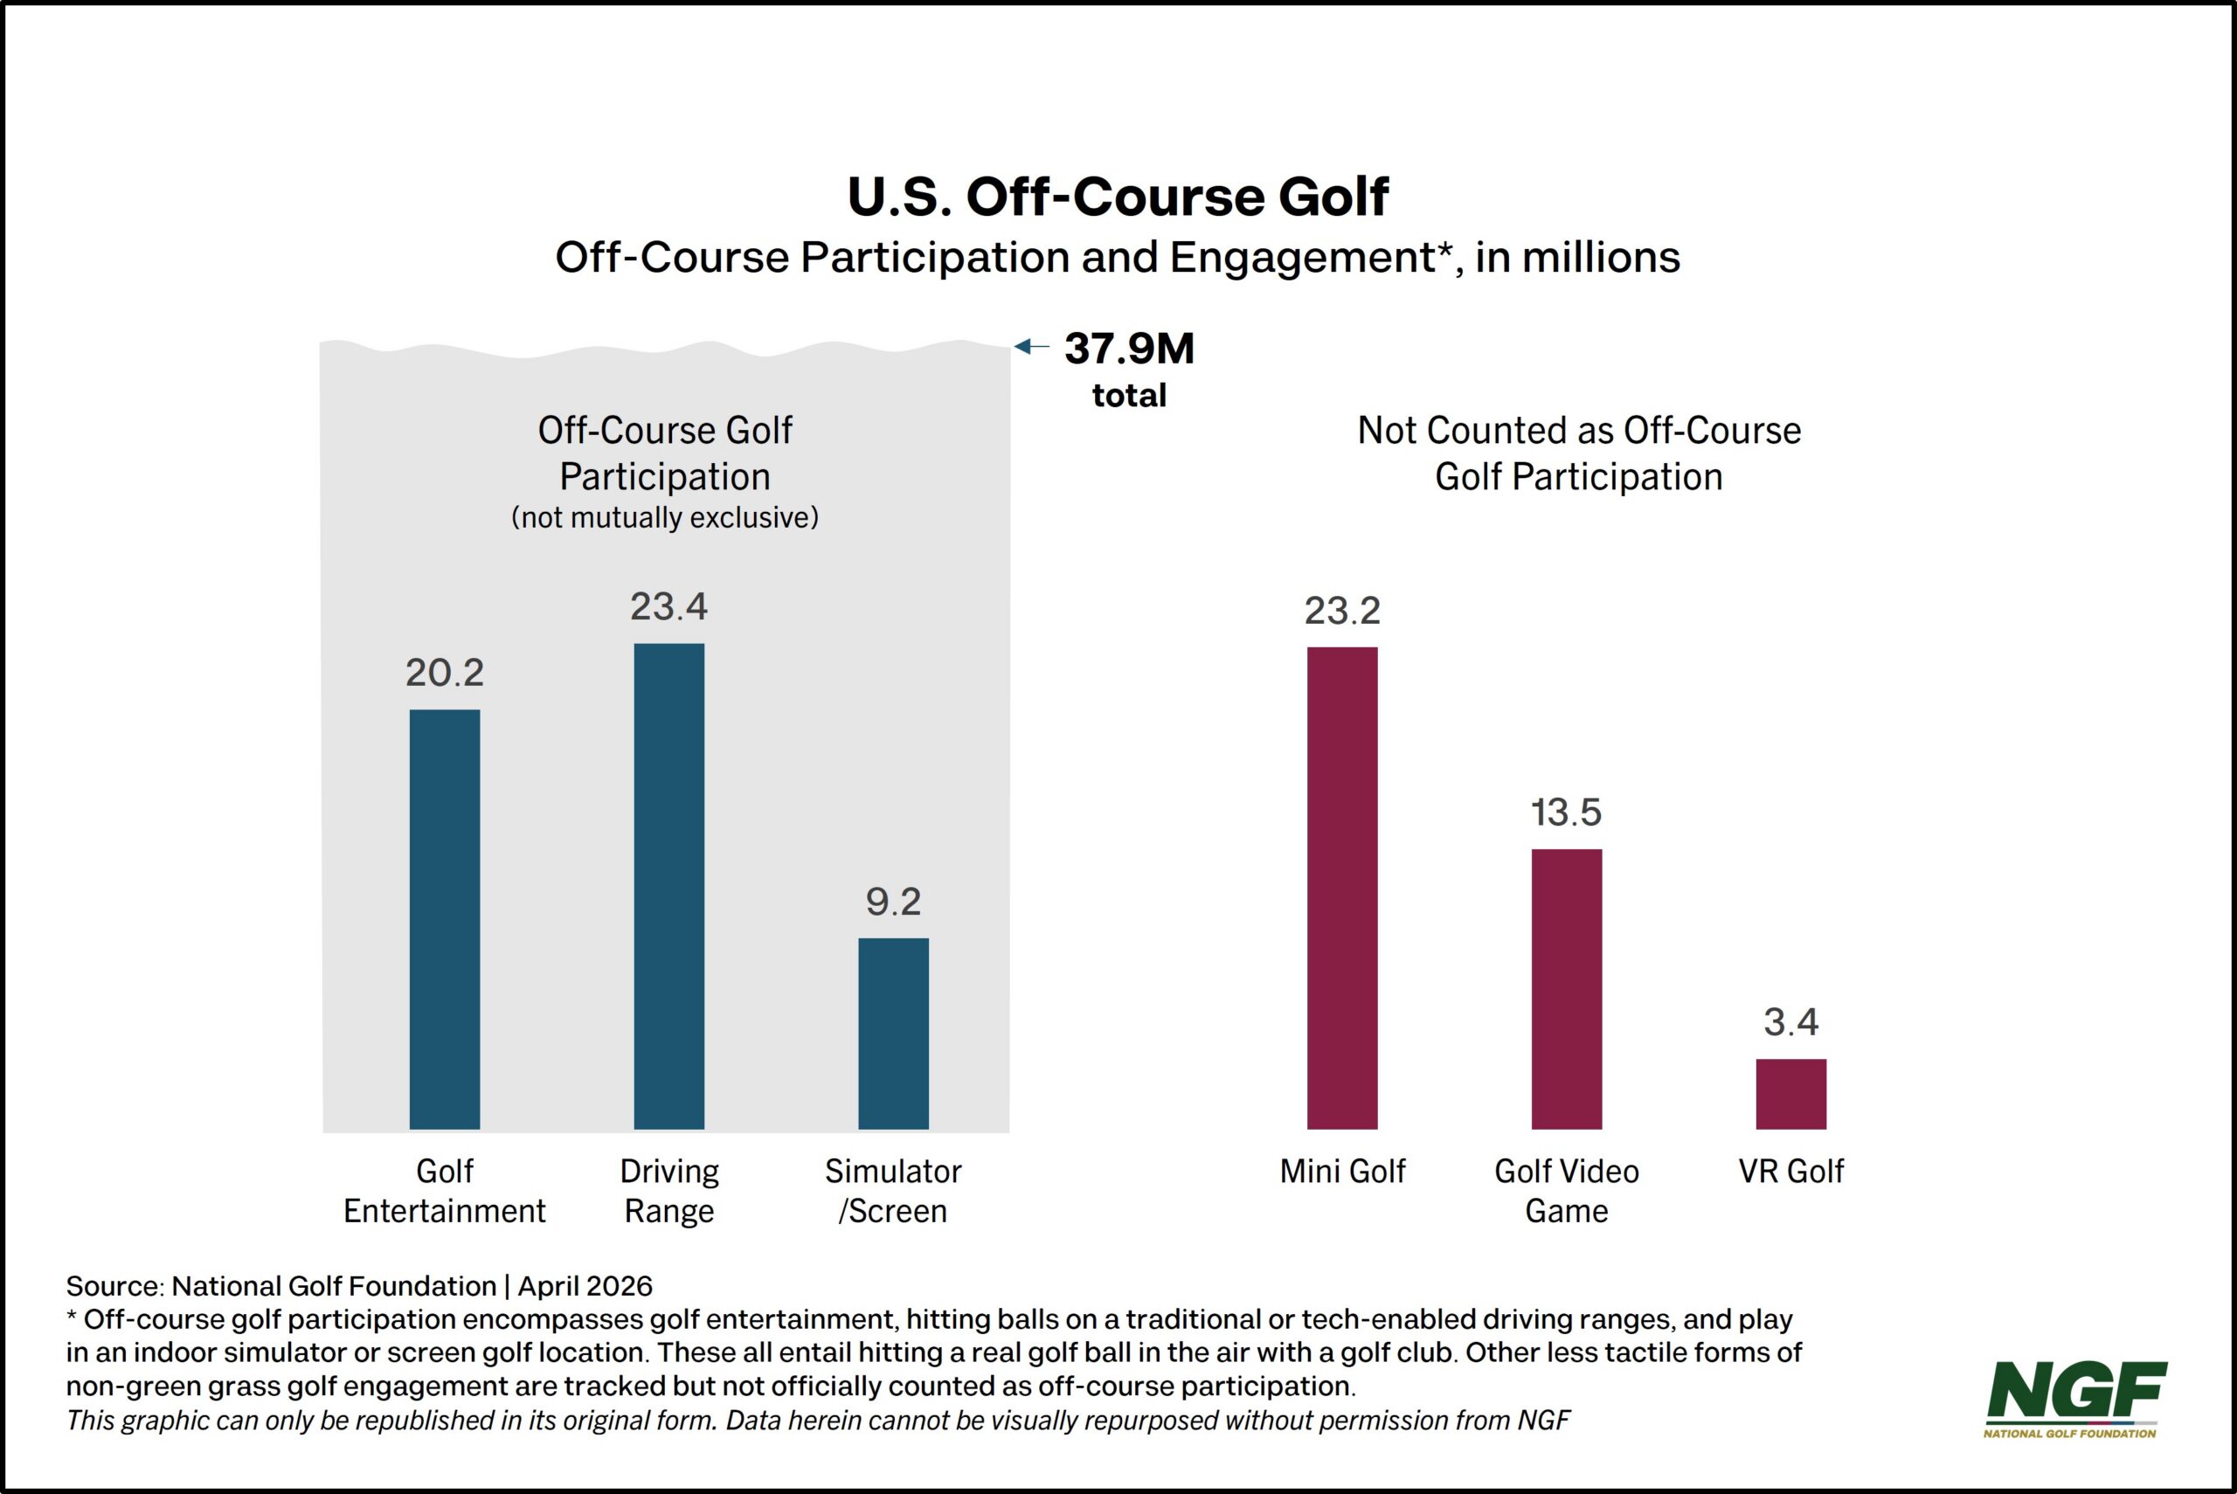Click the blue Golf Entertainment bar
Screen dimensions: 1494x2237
click(x=445, y=918)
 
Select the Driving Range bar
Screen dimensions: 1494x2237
click(x=668, y=885)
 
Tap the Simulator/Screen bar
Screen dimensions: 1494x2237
click(x=893, y=1033)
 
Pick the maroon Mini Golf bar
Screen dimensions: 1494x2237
click(x=1341, y=887)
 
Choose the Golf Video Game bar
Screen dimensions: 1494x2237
click(x=1566, y=988)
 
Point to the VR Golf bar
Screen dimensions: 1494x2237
click(x=1790, y=1093)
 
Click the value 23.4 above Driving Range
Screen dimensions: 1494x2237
click(x=668, y=607)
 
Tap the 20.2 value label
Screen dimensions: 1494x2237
click(x=445, y=673)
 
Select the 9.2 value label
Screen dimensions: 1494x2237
click(x=893, y=902)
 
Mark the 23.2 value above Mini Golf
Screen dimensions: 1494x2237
click(x=1341, y=611)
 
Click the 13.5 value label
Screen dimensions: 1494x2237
click(x=1566, y=813)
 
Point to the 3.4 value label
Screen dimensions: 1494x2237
click(x=1790, y=1022)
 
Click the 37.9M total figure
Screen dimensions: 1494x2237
click(x=1129, y=349)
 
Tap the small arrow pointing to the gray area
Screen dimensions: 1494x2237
click(x=1031, y=347)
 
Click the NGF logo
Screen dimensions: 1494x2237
click(x=2075, y=1397)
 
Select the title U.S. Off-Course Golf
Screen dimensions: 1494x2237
click(x=1118, y=197)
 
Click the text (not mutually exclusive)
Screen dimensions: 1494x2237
click(x=665, y=517)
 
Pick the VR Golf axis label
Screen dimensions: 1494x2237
click(x=1790, y=1171)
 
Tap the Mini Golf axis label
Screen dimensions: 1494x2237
click(x=1341, y=1171)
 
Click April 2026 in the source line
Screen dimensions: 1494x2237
click(x=585, y=1286)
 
